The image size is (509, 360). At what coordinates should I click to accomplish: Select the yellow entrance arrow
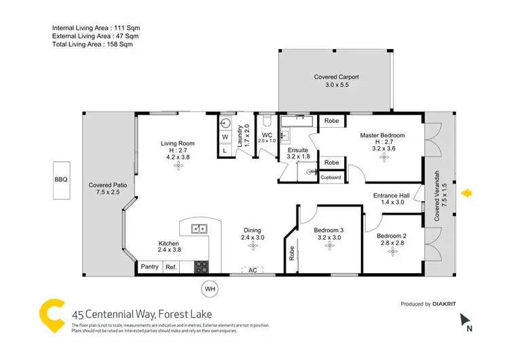point(467,194)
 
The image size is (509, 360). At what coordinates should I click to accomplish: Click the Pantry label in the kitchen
point(150,267)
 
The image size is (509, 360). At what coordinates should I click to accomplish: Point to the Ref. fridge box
point(172,267)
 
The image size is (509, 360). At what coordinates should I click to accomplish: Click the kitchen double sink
point(198,228)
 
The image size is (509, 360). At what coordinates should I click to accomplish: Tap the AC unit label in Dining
point(252,270)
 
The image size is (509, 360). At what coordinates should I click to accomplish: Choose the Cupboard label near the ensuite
point(331,177)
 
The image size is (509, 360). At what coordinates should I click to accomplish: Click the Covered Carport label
point(336,77)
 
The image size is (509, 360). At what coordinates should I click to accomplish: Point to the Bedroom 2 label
point(394,236)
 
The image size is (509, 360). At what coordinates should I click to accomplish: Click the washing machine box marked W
point(225,136)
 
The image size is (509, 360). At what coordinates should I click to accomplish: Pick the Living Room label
point(178,143)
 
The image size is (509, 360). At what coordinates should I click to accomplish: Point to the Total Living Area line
point(92,44)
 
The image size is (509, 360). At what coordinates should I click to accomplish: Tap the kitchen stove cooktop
point(201,266)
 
